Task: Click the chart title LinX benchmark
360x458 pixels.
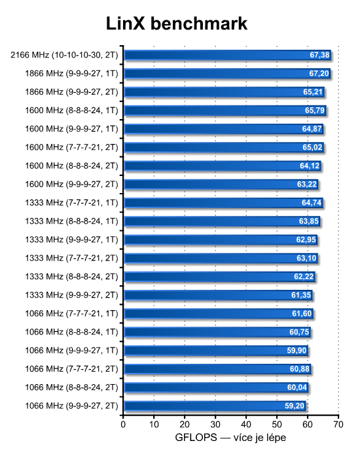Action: tap(177, 24)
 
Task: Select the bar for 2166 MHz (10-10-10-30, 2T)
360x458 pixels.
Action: tap(227, 55)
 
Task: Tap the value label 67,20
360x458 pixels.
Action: tap(319, 73)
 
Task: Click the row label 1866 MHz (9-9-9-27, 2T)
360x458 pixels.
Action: tap(71, 92)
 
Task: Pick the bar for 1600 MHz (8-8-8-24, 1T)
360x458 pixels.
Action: tap(225, 111)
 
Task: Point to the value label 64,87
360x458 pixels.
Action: tap(312, 129)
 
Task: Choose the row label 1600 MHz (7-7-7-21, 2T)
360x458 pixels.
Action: tap(71, 147)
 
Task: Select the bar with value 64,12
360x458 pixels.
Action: tap(223, 166)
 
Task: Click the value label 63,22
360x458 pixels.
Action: tap(307, 185)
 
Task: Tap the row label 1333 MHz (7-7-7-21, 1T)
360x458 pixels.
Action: tap(71, 203)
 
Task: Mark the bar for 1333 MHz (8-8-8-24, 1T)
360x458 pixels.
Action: tap(222, 221)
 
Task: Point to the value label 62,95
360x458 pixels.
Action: tap(306, 240)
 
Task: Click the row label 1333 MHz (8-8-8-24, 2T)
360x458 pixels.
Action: tap(71, 277)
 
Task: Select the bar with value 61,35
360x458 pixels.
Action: tap(218, 295)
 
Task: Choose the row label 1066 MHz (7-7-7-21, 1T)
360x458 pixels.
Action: tap(71, 313)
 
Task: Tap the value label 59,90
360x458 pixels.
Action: tap(297, 351)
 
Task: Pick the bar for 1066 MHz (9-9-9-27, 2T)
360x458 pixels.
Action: tap(215, 406)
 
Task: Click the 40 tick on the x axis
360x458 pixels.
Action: tap(246, 425)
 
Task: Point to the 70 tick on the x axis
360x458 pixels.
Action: tap(338, 425)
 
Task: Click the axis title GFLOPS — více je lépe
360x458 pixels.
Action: tap(230, 438)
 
